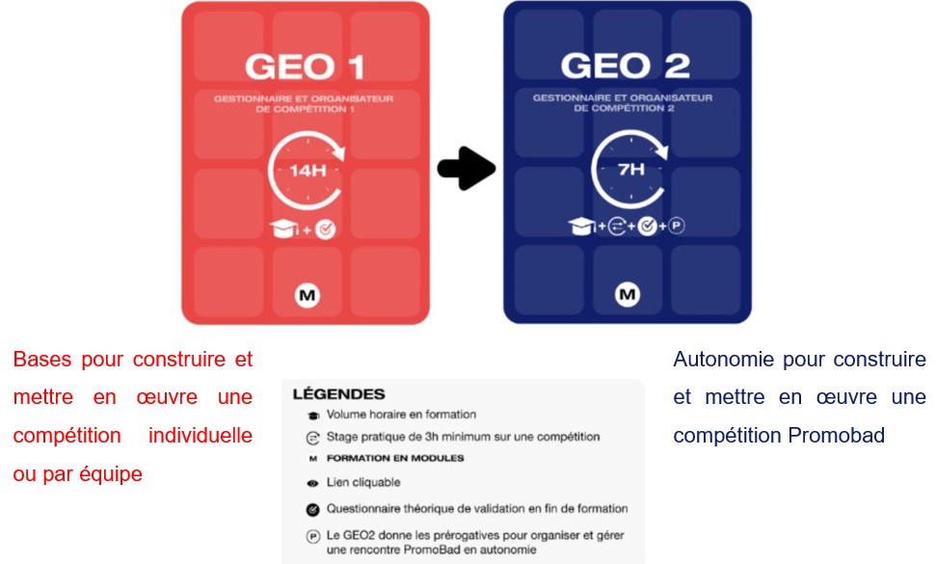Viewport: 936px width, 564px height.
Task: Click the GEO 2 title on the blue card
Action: click(x=626, y=67)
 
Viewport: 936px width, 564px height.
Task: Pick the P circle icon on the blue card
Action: click(x=676, y=228)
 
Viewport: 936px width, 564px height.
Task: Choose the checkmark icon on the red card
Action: click(x=325, y=229)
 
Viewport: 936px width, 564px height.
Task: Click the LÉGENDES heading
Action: click(x=338, y=394)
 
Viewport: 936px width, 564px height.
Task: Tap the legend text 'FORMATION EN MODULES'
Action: click(x=395, y=458)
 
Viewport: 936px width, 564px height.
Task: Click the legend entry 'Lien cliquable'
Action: click(x=363, y=481)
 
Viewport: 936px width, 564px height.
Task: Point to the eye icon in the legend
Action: click(x=312, y=481)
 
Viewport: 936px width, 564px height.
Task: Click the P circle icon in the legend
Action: click(x=312, y=536)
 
